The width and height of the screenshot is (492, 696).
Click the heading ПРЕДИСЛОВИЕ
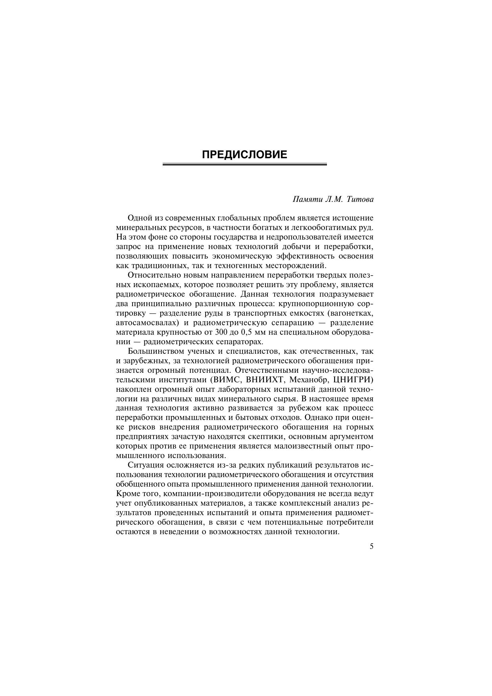[244, 155]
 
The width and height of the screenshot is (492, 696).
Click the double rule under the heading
[244, 164]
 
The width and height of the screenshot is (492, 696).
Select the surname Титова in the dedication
[360, 199]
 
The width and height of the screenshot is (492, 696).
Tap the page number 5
[371, 546]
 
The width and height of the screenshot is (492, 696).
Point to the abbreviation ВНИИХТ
[265, 380]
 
